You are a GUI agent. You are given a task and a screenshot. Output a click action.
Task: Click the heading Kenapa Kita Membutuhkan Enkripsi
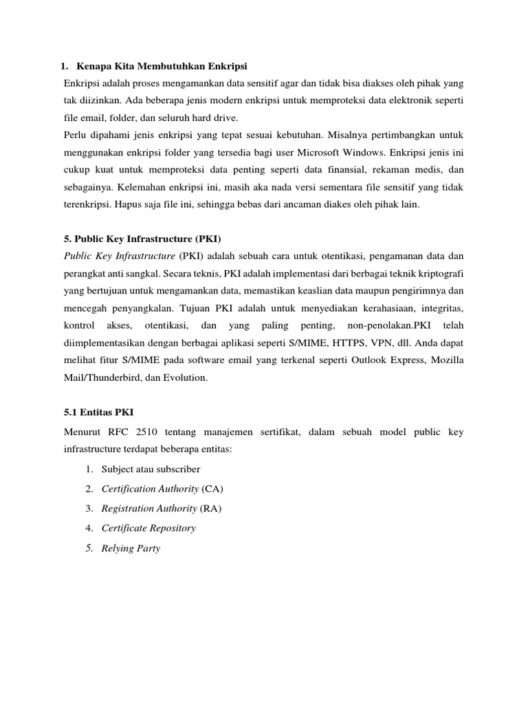coord(162,66)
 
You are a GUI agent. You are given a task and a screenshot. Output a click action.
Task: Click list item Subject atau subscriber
coord(151,469)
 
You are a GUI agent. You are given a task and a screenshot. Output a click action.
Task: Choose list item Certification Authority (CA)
coord(162,489)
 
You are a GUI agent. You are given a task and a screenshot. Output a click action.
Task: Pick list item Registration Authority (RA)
coord(162,509)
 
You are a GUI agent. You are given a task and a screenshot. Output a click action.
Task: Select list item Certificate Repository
coord(148,529)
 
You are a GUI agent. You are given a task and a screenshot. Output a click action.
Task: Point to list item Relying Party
coord(131,549)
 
